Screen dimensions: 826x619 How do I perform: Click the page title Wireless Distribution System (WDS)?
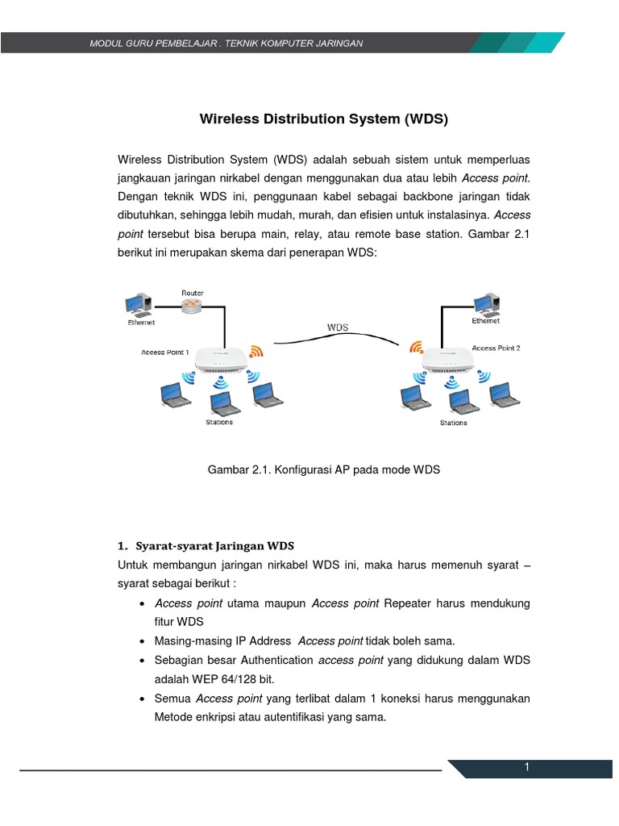click(x=322, y=120)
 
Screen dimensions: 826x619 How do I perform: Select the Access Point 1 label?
click(x=165, y=353)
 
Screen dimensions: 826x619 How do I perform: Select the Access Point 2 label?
click(x=496, y=348)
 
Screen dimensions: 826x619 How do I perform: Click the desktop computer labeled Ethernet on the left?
click(x=136, y=305)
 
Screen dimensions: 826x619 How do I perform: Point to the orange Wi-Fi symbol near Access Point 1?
click(x=256, y=351)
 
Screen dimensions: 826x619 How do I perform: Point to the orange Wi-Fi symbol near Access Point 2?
click(x=416, y=347)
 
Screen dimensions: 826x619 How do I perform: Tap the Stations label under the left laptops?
click(x=218, y=422)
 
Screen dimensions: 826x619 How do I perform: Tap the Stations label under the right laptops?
click(x=453, y=422)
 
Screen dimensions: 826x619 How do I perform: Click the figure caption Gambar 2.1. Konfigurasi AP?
click(x=323, y=469)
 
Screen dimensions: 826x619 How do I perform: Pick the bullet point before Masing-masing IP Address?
click(x=142, y=641)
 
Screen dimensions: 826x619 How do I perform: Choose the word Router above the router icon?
click(x=192, y=292)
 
